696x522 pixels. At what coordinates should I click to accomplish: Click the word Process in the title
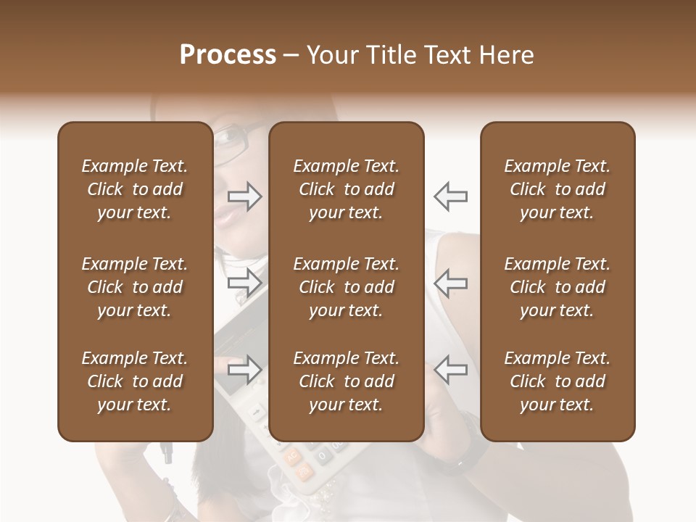click(228, 55)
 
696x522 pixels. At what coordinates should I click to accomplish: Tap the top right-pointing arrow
click(245, 196)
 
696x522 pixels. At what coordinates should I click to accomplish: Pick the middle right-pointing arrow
click(245, 283)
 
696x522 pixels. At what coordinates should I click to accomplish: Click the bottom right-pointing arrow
click(245, 370)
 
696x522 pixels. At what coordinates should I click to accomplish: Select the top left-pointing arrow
click(451, 196)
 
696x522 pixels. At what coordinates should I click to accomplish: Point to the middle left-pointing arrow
click(451, 283)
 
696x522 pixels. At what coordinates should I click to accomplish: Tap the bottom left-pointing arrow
click(451, 370)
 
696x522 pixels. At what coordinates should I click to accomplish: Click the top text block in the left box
click(135, 189)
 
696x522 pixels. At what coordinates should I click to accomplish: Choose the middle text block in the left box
click(135, 287)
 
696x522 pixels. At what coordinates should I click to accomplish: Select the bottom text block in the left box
click(135, 381)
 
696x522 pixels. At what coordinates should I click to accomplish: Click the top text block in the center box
click(346, 189)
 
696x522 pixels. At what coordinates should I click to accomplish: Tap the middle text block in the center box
click(346, 287)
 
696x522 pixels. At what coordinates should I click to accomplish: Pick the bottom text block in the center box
click(346, 381)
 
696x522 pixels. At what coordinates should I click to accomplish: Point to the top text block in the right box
click(557, 189)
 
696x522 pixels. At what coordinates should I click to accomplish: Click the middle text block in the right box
click(557, 287)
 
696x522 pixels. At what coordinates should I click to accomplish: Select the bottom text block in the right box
click(557, 381)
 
